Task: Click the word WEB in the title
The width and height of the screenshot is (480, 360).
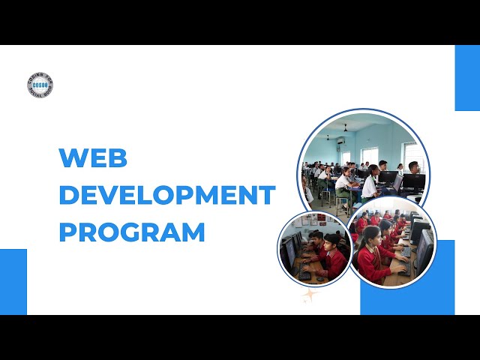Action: point(93,158)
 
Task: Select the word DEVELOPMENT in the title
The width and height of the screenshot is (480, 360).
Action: point(166,195)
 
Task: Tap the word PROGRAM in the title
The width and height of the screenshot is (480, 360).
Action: point(132,232)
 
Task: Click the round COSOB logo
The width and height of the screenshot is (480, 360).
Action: point(40,85)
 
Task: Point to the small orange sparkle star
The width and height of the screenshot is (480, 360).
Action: point(308,295)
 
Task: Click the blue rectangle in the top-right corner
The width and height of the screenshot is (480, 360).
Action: point(466,78)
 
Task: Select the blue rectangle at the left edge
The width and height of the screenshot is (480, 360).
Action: point(13,281)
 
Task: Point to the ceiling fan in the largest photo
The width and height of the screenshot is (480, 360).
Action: point(345,129)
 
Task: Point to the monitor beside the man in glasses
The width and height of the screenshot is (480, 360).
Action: point(413,181)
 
